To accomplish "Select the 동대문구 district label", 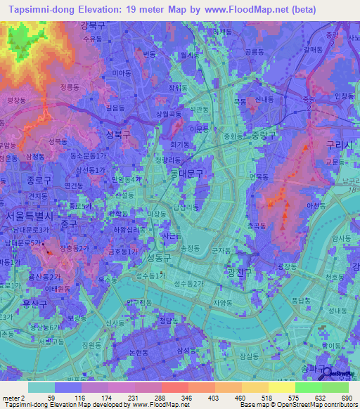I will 186,172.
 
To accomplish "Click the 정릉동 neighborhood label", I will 70,88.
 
